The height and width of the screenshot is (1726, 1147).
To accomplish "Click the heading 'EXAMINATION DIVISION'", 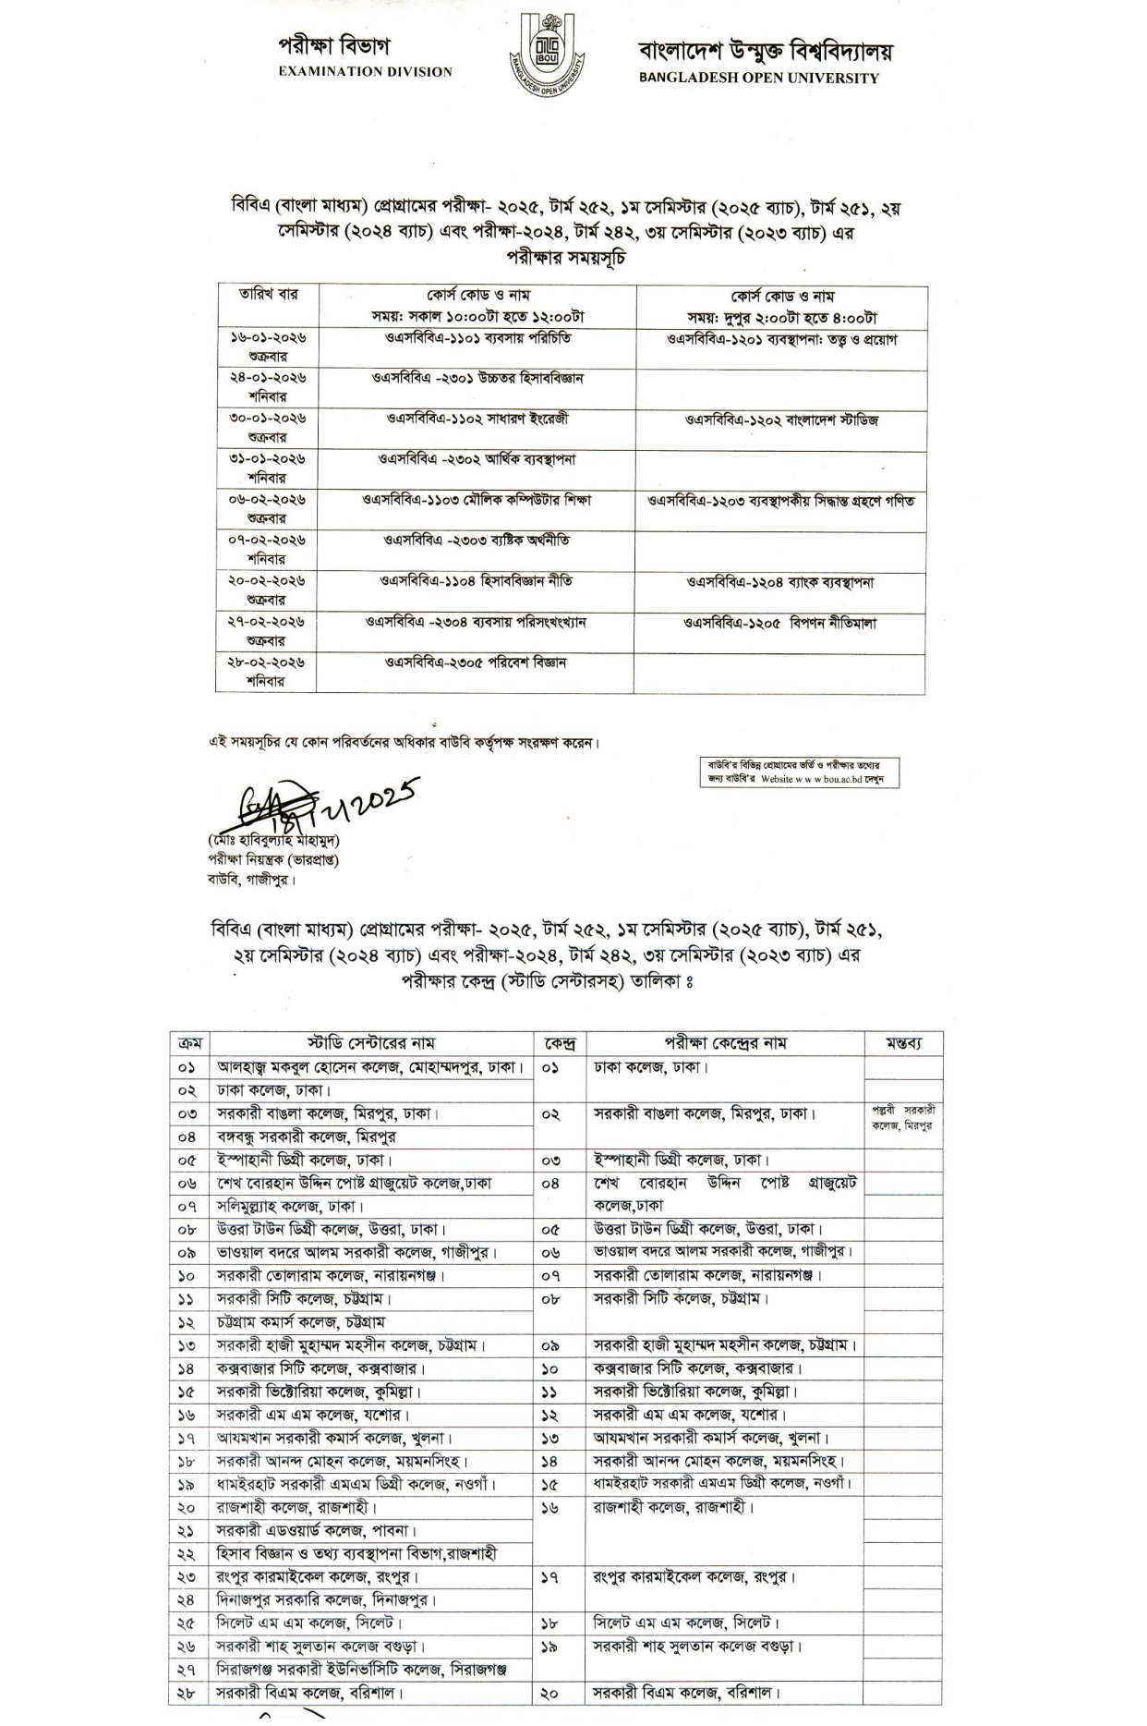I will (x=365, y=71).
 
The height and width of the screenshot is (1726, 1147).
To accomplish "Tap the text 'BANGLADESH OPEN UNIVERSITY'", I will (x=758, y=79).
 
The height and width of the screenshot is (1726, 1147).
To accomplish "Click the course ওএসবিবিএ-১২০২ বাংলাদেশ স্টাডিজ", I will (x=781, y=419).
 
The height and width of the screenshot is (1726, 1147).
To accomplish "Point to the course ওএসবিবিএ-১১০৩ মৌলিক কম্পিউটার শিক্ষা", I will (x=477, y=500).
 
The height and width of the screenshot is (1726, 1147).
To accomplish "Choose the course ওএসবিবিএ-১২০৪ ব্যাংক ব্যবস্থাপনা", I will (x=779, y=582).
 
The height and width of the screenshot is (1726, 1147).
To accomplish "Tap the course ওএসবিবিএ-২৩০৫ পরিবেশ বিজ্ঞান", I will (x=476, y=662).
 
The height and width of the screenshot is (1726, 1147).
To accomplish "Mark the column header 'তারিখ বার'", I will (x=268, y=295).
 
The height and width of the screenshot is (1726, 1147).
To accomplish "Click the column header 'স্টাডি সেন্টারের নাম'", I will (x=372, y=1043).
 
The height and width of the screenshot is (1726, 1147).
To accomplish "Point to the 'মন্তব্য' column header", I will (x=902, y=1043).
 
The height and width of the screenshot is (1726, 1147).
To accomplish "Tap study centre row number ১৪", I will (x=187, y=1367).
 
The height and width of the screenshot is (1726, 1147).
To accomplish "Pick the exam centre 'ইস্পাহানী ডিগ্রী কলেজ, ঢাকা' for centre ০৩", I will (x=682, y=1160).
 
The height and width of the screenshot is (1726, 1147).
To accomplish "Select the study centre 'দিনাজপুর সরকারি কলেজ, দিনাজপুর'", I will (x=326, y=1599).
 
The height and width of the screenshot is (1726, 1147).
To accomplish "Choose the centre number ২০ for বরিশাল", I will (x=550, y=1693).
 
